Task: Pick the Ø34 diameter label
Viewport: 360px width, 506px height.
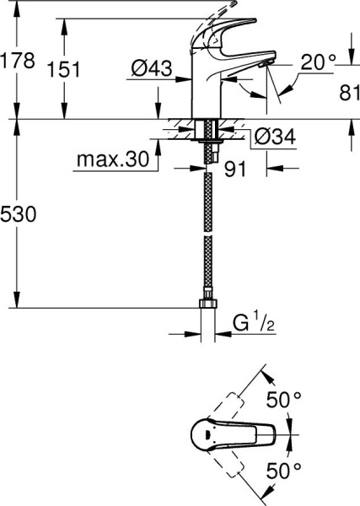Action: click(x=273, y=135)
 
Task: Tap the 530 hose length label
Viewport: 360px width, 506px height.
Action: click(x=18, y=215)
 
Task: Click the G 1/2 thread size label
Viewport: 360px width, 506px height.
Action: click(x=250, y=322)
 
